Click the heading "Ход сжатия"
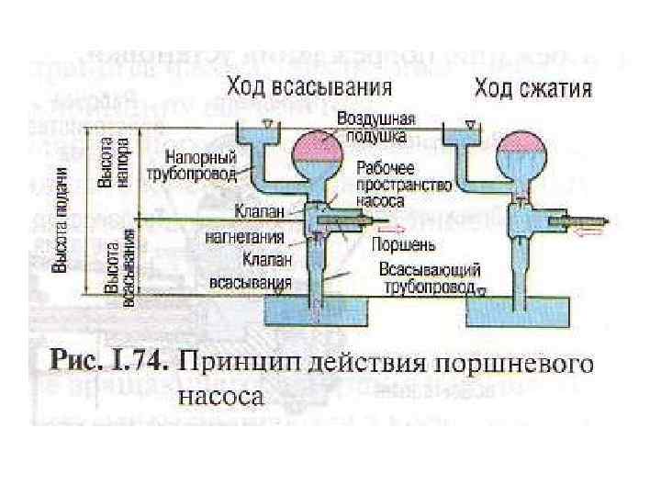coord(532,90)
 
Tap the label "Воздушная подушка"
coord(376,127)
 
